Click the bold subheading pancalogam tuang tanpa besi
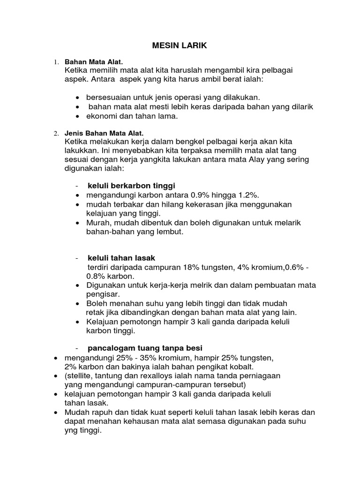pyautogui.click(x=145, y=348)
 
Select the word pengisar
pyautogui.click(x=103, y=294)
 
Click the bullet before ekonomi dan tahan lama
pyautogui.click(x=77, y=116)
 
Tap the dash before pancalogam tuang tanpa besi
pyautogui.click(x=76, y=348)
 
